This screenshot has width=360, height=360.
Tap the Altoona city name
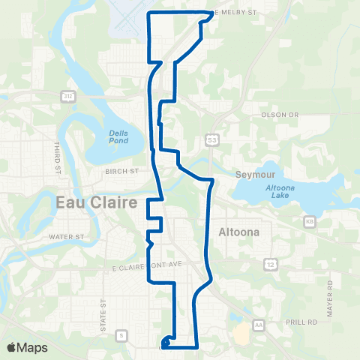238,232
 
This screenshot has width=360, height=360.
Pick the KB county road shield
310,222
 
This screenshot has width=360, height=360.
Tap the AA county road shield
259,324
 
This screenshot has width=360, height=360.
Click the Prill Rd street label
302,321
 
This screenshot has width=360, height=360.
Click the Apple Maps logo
27,347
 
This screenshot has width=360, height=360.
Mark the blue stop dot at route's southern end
164,345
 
